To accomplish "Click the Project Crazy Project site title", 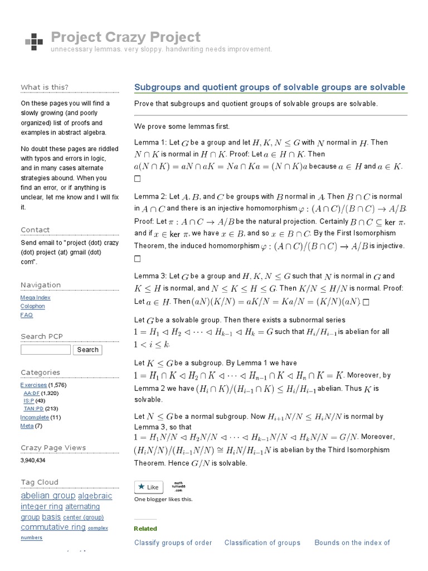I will click(125, 37).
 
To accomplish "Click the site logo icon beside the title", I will click(34, 41).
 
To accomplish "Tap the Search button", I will click(87, 350).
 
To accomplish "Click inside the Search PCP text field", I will click(46, 350).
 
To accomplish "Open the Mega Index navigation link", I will click(35, 298).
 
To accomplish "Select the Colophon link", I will click(32, 306).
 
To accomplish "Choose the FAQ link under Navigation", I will click(26, 314).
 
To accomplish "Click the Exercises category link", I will click(33, 385).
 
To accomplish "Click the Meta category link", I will click(27, 426).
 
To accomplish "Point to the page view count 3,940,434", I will click(33, 461).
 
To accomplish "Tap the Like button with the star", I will click(148, 487).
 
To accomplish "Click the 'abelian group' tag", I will click(47, 496).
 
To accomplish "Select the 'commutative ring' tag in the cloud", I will click(53, 527).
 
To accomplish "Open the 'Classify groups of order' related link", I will click(173, 543).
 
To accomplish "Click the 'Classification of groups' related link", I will click(262, 543).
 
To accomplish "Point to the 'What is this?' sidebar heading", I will click(45, 87).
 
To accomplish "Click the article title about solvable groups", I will click(270, 88).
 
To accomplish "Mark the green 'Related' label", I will click(145, 529).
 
